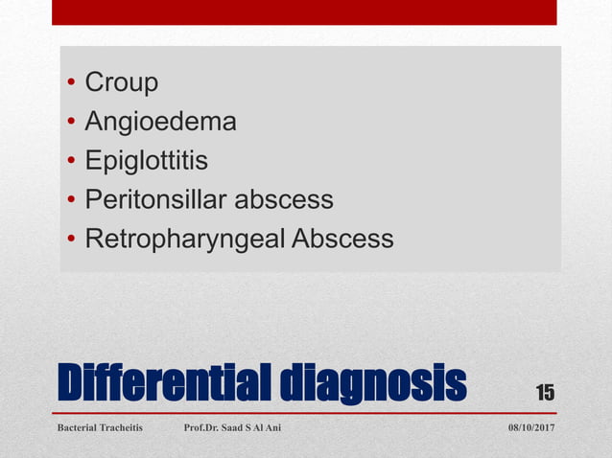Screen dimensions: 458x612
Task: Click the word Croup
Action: pyautogui.click(x=122, y=83)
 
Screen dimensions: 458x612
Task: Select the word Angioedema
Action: pyautogui.click(x=160, y=123)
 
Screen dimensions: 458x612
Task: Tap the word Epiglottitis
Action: pyautogui.click(x=146, y=161)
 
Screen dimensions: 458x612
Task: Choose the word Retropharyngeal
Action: pyautogui.click(x=183, y=239)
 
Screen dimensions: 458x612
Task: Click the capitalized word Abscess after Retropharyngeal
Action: pyautogui.click(x=341, y=239)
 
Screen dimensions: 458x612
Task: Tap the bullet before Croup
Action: pyautogui.click(x=71, y=84)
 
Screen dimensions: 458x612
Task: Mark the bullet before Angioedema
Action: pyautogui.click(x=71, y=123)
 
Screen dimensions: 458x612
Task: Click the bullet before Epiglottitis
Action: pyautogui.click(x=71, y=162)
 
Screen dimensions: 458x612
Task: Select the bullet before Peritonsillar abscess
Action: pyautogui.click(x=71, y=200)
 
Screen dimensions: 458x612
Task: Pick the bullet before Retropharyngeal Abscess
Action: pyautogui.click(x=71, y=240)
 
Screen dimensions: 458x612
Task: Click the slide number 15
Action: pyautogui.click(x=545, y=393)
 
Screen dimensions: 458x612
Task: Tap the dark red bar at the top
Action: pyautogui.click(x=304, y=12)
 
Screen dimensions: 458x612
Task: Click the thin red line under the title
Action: pyautogui.click(x=304, y=413)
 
